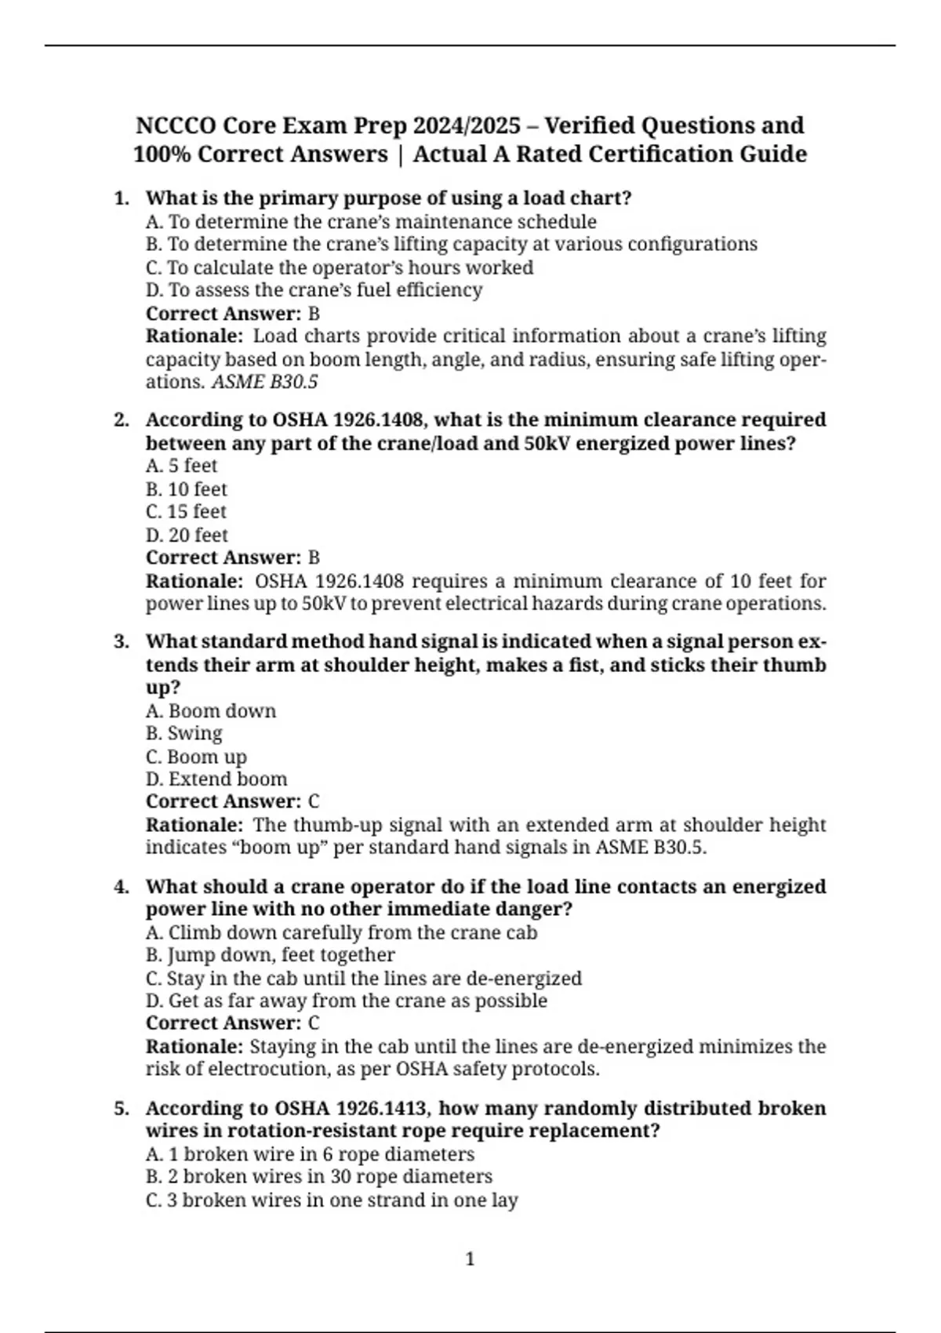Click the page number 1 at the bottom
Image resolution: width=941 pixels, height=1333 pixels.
point(470,1259)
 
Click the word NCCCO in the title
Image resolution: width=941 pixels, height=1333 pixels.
point(175,125)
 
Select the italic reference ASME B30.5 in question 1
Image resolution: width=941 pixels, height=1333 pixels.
point(265,383)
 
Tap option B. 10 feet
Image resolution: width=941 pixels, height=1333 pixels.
point(187,489)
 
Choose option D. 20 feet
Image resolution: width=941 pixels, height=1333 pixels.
point(187,536)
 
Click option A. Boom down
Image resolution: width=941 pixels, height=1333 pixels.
point(211,711)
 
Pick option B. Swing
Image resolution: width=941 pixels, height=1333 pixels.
point(184,734)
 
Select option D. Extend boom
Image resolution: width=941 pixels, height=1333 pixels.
point(216,779)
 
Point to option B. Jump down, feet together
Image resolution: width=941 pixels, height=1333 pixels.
point(271,955)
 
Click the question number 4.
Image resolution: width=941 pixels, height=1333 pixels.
point(121,887)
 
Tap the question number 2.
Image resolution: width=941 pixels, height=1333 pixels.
point(121,420)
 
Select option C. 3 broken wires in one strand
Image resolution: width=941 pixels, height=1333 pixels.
point(332,1200)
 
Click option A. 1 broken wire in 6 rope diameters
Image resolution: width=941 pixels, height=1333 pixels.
point(310,1155)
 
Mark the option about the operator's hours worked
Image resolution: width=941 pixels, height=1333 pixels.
point(340,268)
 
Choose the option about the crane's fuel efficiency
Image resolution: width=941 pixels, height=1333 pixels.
point(314,291)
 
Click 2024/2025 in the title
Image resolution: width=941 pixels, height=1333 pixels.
point(467,125)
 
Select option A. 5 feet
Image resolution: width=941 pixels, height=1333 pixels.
point(181,467)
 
